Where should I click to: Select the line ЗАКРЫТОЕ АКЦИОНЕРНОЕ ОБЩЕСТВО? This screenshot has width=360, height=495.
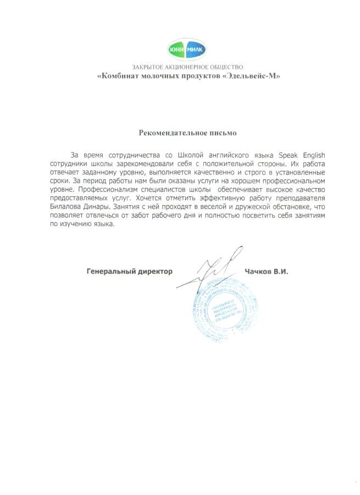point(187,67)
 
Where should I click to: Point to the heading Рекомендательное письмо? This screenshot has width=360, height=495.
point(187,133)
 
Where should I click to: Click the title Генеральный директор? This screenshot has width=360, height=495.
point(130,271)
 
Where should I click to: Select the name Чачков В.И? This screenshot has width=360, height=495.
point(267,271)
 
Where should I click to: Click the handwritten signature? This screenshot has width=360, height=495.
point(211,269)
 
